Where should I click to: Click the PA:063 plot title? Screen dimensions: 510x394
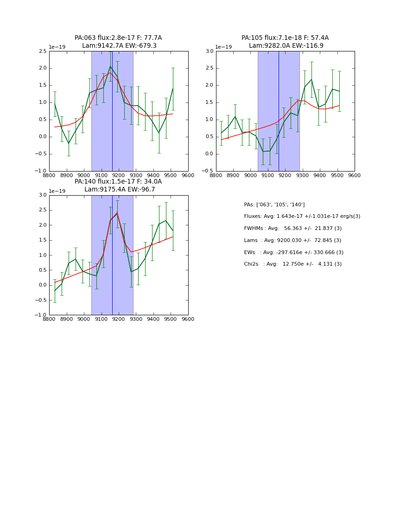[x=118, y=38]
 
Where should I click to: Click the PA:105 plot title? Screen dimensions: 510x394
[x=285, y=38]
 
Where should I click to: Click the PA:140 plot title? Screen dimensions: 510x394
[x=118, y=182]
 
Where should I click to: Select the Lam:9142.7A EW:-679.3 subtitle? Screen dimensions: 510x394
[x=119, y=46]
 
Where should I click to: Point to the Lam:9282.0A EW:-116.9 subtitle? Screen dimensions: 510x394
[x=286, y=46]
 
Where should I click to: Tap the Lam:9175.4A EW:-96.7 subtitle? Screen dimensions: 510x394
[x=120, y=190]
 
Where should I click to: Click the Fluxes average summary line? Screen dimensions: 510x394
[x=302, y=217]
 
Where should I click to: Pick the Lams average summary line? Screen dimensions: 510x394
[x=292, y=240]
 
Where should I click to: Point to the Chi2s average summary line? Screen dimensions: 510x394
[x=292, y=264]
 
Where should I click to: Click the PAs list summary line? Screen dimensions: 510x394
[x=274, y=204]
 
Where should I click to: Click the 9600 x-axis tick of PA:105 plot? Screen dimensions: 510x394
[x=355, y=175]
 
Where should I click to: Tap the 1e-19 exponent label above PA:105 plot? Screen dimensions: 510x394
[x=223, y=47]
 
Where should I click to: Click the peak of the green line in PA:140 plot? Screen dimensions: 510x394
[x=117, y=213]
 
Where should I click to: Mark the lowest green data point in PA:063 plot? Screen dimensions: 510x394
[x=69, y=144]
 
